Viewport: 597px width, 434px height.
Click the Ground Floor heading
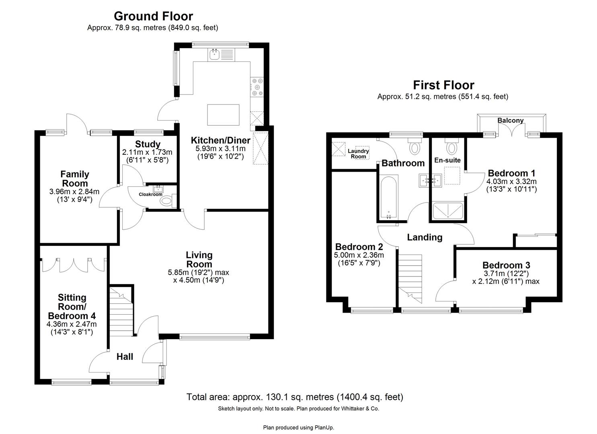point(153,16)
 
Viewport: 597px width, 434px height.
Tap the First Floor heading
point(443,85)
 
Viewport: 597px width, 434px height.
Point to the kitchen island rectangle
point(223,115)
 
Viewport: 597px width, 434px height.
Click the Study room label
point(148,144)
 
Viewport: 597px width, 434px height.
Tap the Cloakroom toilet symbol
point(167,200)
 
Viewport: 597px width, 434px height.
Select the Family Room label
point(75,179)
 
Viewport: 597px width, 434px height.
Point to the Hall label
point(125,356)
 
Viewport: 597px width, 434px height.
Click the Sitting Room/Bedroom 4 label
point(72,307)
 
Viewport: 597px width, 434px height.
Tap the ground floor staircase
point(121,311)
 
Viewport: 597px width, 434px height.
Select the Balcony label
point(510,121)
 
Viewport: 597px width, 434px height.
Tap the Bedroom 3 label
point(506,265)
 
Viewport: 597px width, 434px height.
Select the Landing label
point(425,237)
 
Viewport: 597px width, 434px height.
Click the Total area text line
point(295,397)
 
